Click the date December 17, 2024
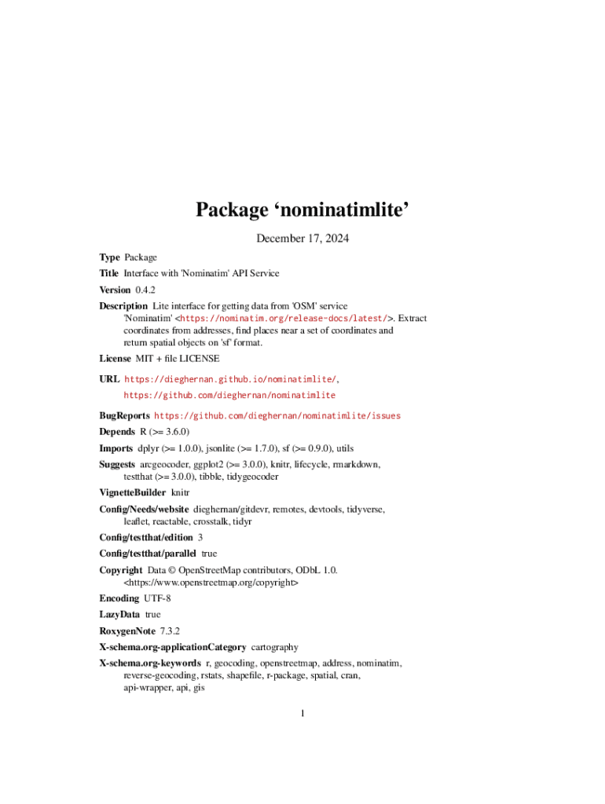(302, 238)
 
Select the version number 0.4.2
(145, 290)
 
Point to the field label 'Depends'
(116, 432)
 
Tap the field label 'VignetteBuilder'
(132, 492)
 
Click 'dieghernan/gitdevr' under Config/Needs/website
(231, 510)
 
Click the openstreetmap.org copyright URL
(211, 583)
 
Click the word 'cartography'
(274, 647)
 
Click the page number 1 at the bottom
(302, 714)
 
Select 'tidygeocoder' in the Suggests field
(251, 477)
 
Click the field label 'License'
(114, 358)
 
